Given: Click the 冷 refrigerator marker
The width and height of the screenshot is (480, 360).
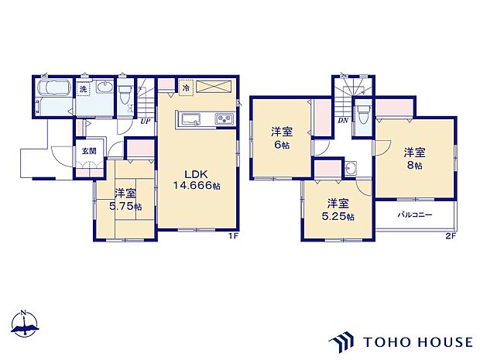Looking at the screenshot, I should (187, 87).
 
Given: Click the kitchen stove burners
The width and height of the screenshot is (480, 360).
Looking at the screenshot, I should (221, 118).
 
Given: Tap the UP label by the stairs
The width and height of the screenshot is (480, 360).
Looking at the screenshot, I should (145, 120).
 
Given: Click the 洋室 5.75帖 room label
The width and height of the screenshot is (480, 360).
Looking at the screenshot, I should (124, 200).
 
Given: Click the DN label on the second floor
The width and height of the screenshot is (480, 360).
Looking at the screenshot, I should (342, 121).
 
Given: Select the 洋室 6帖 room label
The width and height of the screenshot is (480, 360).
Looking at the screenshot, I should (280, 137).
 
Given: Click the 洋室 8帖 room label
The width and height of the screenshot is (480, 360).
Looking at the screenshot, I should (410, 159).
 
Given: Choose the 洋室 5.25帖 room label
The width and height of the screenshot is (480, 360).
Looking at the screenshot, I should (335, 209).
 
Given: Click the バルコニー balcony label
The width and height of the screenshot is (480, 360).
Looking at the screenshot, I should (415, 214).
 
